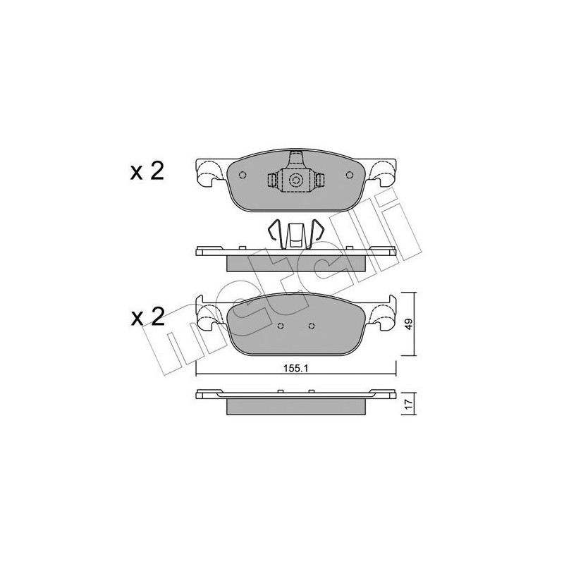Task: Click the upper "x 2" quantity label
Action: click(147, 172)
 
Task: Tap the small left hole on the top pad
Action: click(242, 176)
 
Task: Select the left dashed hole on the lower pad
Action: click(280, 326)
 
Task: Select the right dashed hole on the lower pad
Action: click(312, 326)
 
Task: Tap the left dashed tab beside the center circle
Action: click(272, 181)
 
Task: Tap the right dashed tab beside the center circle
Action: click(319, 181)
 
